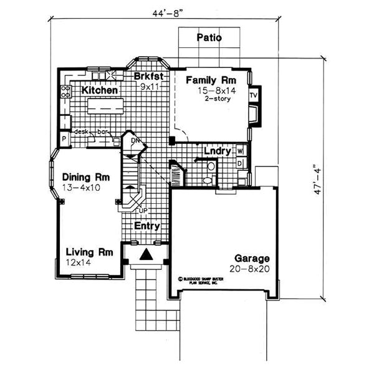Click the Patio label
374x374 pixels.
[209, 37]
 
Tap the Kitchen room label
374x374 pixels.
[100, 90]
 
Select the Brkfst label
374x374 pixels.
[148, 77]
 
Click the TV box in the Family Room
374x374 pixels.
[253, 95]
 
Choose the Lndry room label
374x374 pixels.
[218, 151]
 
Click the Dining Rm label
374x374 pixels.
[82, 176]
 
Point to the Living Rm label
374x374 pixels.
[89, 252]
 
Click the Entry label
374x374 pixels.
[147, 226]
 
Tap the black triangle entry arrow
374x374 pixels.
[146, 254]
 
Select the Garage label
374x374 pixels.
[252, 258]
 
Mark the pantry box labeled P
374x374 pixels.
[64, 138]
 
